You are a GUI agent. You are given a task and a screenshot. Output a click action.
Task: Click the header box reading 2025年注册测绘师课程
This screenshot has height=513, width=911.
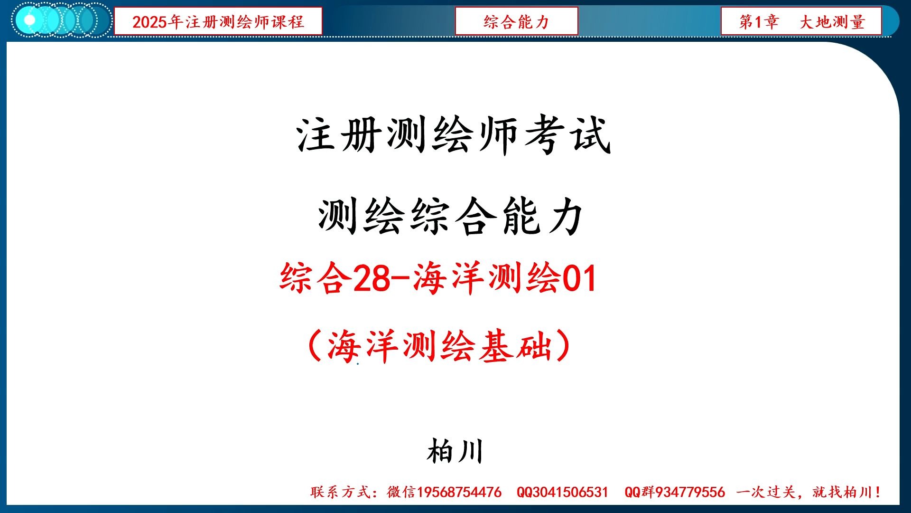[x=218, y=21]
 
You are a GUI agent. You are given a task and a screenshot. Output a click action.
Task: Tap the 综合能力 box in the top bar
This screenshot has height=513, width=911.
[x=516, y=21]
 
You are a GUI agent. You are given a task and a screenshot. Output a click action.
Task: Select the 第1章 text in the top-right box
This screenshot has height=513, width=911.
[x=759, y=21]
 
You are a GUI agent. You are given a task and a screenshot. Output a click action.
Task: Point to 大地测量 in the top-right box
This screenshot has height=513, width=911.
[x=832, y=21]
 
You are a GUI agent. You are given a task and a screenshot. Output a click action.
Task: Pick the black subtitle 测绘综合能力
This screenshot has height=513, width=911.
[x=450, y=217]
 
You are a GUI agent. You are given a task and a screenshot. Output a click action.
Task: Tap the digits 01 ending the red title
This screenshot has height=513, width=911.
[x=579, y=278]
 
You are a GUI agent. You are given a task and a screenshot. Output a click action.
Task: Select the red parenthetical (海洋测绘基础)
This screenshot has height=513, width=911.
[x=439, y=346]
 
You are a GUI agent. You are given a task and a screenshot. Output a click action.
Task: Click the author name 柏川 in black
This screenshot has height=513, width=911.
[x=455, y=451]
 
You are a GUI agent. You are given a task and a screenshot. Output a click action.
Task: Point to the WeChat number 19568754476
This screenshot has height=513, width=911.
[x=459, y=492]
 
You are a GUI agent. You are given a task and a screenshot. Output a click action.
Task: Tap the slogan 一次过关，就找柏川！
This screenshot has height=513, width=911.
[x=809, y=492]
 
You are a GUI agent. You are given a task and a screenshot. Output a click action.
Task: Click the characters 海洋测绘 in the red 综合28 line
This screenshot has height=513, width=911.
[x=487, y=278]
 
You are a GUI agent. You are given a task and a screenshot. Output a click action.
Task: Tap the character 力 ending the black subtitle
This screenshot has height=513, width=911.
[x=565, y=217]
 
